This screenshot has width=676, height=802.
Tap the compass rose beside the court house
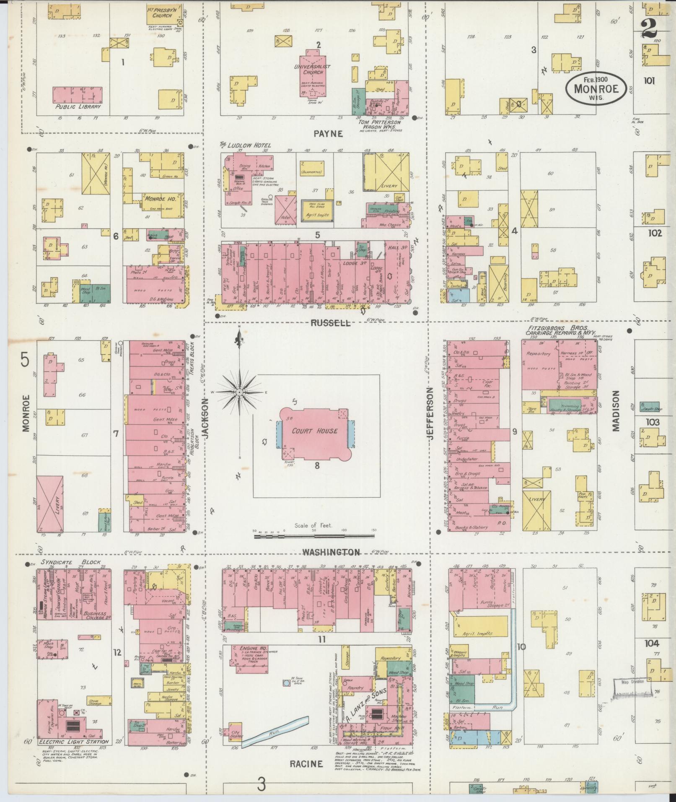(x=239, y=392)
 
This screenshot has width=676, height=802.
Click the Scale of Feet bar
(x=314, y=536)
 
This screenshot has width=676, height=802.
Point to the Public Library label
(x=78, y=107)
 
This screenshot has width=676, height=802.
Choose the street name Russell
(x=330, y=323)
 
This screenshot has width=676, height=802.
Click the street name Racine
(x=307, y=763)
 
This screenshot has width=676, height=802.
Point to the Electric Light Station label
(x=73, y=742)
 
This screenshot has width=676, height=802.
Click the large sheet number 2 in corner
(x=649, y=29)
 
